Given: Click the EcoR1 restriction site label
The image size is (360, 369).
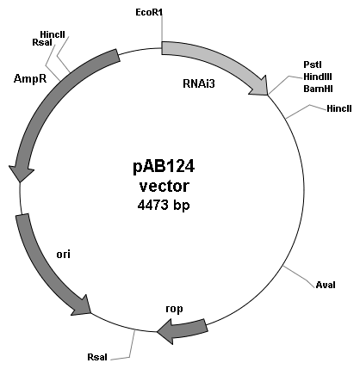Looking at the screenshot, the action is point(149,12).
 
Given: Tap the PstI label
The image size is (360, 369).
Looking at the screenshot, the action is point(313,65).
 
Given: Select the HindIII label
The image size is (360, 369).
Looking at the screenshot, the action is point(318,77).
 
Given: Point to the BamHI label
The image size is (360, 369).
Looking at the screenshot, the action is point(318,89).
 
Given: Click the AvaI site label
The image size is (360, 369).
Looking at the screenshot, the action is point(326,285).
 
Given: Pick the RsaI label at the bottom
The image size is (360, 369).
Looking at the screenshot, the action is point(97,357).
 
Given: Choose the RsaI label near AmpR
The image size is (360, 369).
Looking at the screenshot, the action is point(42,42).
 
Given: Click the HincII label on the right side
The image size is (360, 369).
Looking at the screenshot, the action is point(339,108).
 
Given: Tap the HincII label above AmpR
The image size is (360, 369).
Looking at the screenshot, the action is point(53,34).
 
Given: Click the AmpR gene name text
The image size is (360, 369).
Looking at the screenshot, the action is point(30,78).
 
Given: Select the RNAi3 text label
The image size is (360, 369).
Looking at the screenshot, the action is point(199,83).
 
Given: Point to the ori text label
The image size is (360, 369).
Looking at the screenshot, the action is point(63,254).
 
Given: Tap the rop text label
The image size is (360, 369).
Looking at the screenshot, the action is point(174,309).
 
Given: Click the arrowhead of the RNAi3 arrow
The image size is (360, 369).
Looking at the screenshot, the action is point(260,86).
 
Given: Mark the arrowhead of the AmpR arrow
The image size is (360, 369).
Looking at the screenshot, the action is point(21,173).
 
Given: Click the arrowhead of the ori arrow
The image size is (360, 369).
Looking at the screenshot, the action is point(83,306).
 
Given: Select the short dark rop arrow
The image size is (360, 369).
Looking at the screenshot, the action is point(182,330).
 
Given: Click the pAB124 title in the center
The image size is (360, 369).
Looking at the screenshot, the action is point(164,166).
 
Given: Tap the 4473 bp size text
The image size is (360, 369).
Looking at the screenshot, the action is point(164,206).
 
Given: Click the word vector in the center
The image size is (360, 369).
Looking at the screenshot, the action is point(164,186).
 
